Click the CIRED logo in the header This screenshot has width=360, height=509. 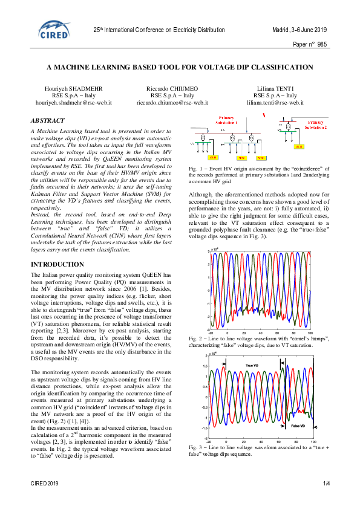(x=53, y=30)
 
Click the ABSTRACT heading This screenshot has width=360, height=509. (x=47, y=121)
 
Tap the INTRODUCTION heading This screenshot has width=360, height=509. (x=57, y=265)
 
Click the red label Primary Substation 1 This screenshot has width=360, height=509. (x=227, y=120)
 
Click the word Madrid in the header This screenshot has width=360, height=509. (x=282, y=30)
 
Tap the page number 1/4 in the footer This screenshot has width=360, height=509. (x=326, y=484)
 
